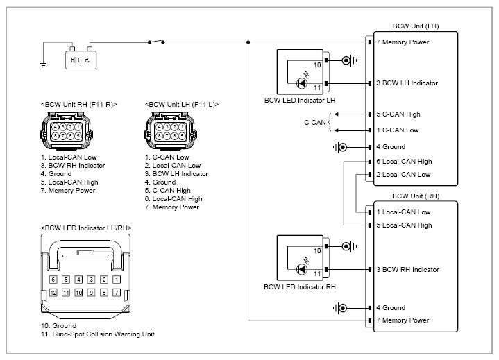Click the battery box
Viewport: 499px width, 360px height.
[81, 60]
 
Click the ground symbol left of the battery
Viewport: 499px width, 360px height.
[43, 65]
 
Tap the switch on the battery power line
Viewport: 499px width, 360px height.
[156, 42]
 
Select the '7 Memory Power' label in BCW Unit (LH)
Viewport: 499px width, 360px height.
[403, 42]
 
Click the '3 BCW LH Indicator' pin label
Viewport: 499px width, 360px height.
[407, 83]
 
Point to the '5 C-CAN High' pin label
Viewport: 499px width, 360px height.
[398, 114]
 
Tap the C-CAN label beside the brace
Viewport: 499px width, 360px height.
[315, 123]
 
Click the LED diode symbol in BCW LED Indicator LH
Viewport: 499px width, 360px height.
[301, 83]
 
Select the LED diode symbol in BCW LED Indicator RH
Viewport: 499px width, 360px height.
[301, 269]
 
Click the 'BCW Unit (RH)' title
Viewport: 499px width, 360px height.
[416, 196]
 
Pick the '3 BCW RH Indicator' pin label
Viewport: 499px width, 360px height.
[407, 270]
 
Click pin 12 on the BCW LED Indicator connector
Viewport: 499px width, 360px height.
[53, 293]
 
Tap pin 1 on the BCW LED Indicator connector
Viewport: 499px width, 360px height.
[117, 280]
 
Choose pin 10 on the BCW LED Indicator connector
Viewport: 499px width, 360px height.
[78, 293]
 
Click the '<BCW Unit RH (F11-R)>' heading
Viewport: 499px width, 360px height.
[79, 105]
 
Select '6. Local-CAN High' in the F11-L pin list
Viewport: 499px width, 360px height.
[174, 199]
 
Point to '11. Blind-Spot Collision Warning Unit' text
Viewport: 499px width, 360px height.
[98, 334]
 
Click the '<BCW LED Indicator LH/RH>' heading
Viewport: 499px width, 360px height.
[86, 228]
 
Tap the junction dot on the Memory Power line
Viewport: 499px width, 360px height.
[248, 42]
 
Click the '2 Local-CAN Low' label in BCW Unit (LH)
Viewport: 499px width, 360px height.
[403, 175]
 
